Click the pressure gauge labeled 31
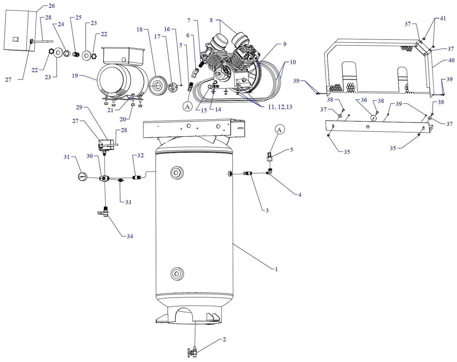coord(83,177)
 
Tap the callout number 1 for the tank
coord(276,269)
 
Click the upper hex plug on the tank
coord(177,173)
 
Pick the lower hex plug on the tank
coord(177,273)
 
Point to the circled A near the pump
coord(188,107)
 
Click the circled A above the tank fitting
coord(279,130)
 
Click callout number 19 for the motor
coord(75,76)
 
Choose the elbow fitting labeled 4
coord(269,172)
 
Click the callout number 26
coord(52,6)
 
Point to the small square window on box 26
coord(15,39)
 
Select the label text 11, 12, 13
coord(280,107)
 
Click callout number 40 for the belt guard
coord(451,60)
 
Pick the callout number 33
coord(128,202)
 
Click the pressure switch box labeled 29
coord(105,144)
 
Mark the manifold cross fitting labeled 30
coord(104,178)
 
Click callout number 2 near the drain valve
coord(224,340)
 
